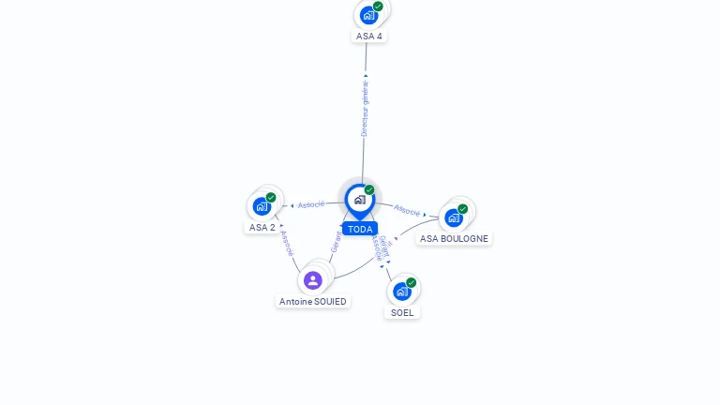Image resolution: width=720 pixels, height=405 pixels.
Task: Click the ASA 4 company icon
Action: click(368, 15)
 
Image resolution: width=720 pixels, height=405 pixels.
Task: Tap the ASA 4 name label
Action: click(369, 37)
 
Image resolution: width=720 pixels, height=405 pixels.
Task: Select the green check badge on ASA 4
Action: click(378, 7)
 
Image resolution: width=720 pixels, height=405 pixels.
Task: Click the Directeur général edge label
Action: click(365, 108)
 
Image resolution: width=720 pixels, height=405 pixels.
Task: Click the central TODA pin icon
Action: click(359, 200)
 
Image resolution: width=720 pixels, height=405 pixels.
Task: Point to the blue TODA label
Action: click(360, 229)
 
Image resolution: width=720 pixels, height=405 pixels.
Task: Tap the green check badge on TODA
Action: click(369, 190)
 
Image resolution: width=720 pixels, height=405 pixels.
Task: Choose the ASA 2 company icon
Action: click(262, 206)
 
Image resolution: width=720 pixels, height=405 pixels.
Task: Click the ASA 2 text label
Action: click(262, 227)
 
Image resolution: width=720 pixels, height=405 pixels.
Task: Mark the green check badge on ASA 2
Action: click(271, 198)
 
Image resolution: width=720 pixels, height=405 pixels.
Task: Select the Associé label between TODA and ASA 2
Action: click(311, 204)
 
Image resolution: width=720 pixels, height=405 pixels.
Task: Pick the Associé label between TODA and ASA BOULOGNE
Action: click(407, 210)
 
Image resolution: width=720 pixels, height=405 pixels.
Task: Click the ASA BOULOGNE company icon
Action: click(454, 217)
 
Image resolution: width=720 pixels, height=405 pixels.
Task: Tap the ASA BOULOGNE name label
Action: click(454, 238)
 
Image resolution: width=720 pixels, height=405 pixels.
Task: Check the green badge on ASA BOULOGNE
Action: click(462, 209)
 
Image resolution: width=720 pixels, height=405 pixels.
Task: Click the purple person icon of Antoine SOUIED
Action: click(313, 280)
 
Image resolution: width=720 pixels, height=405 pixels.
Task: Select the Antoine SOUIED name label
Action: click(313, 301)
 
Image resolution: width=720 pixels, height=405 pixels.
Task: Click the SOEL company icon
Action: click(402, 291)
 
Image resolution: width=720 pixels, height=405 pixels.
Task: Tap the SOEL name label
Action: click(402, 312)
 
